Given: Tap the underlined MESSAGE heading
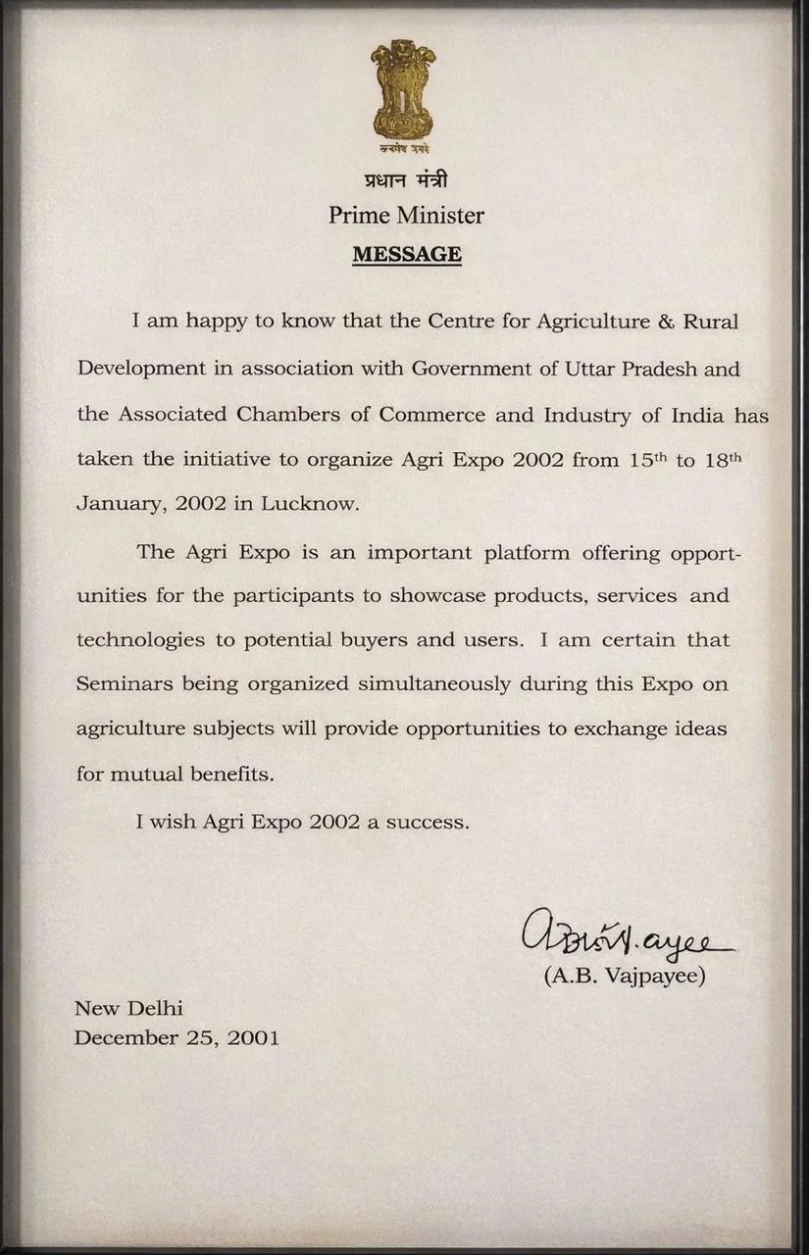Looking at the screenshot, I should click(x=407, y=254).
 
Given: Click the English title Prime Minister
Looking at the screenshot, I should click(x=406, y=215).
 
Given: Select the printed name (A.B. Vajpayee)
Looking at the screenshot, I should click(x=625, y=977).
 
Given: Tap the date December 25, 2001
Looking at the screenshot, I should click(x=177, y=1037).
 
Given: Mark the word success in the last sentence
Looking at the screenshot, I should click(x=427, y=822).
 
